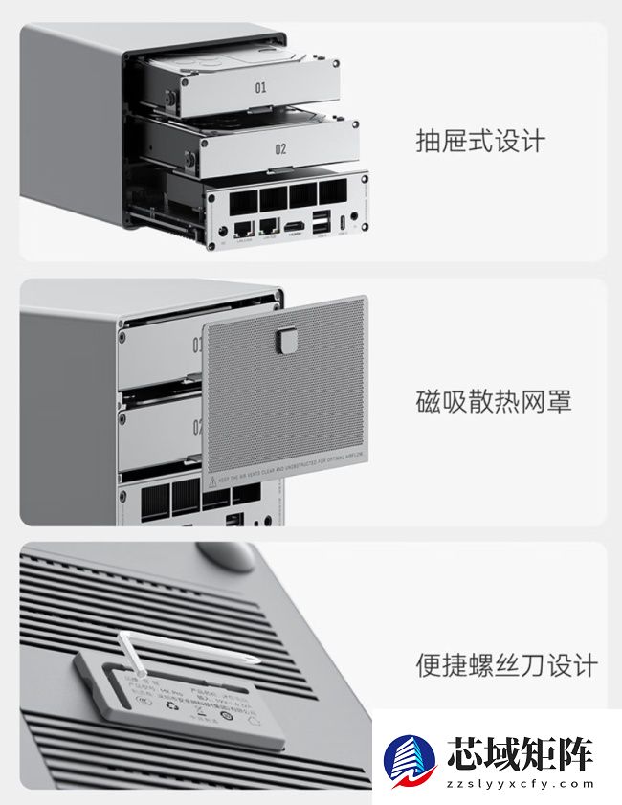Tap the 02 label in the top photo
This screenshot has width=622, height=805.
280,150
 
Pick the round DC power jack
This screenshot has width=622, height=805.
224,231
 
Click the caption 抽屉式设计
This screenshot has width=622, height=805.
479,142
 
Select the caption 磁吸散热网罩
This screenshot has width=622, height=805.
493,402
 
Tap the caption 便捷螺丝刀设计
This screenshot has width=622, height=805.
506,664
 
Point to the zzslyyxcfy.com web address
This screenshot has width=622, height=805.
521,784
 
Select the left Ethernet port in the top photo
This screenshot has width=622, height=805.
245,229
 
